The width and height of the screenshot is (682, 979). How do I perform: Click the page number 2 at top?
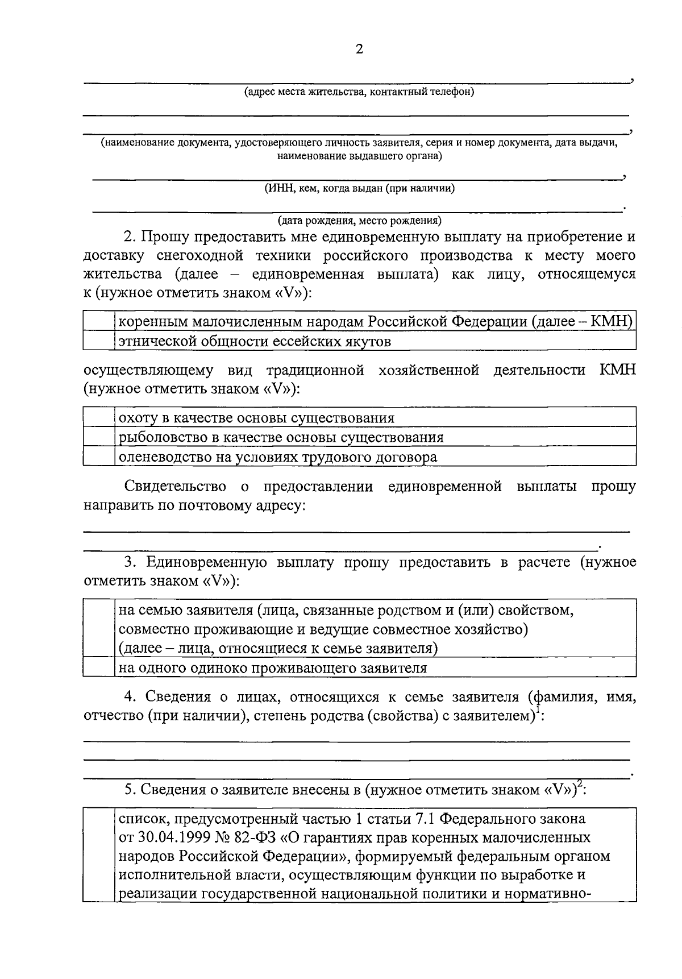click(359, 49)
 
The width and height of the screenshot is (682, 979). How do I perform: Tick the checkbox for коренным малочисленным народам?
click(99, 322)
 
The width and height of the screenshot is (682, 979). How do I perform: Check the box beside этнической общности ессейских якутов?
click(99, 341)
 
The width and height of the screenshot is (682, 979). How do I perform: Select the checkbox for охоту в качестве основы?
click(99, 418)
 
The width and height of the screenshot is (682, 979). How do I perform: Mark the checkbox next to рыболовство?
click(99, 437)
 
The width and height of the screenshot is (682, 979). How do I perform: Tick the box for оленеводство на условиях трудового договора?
click(99, 457)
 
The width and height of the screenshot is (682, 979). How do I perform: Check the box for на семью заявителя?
click(99, 629)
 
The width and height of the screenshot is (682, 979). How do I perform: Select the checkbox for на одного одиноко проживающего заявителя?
click(99, 667)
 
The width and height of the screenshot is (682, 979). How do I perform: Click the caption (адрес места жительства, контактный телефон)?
click(359, 92)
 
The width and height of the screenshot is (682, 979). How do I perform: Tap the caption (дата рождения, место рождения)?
click(359, 220)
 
